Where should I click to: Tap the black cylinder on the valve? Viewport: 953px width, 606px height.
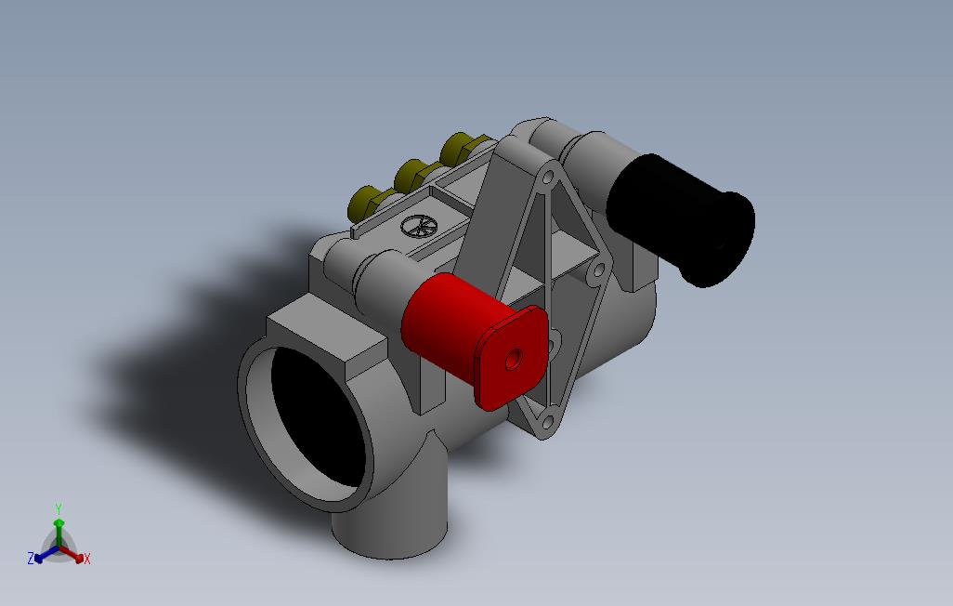coord(681,219)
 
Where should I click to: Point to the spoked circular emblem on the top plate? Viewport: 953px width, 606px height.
coord(419,226)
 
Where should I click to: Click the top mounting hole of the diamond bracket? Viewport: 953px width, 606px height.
coord(548,178)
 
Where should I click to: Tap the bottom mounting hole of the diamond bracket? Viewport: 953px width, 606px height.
coord(547,421)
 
